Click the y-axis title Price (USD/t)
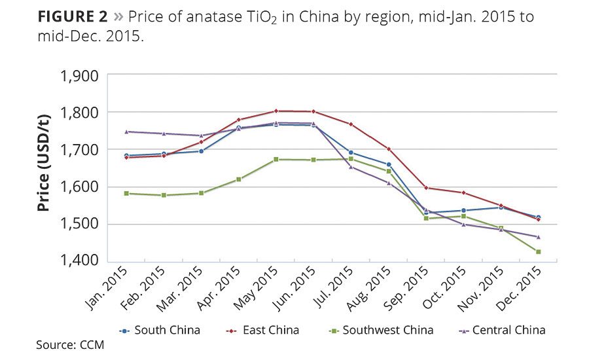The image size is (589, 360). click(x=44, y=168)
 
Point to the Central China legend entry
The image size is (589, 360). click(x=508, y=330)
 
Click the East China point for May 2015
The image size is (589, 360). click(x=276, y=111)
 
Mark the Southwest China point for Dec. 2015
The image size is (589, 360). click(x=539, y=252)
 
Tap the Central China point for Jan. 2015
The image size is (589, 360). click(x=126, y=132)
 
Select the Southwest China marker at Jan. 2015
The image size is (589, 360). click(x=126, y=193)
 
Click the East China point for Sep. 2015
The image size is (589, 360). click(x=426, y=188)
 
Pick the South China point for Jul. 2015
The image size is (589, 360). click(x=351, y=153)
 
